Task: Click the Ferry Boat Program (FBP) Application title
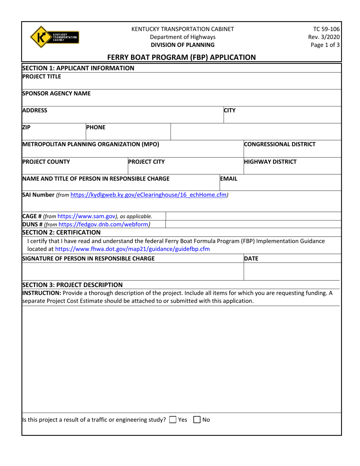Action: pos(182,57)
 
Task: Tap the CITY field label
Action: pos(230,111)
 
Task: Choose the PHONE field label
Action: pos(96,128)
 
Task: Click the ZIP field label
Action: pos(27,128)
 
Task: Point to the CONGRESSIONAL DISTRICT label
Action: pos(280,144)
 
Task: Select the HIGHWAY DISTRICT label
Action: pos(269,162)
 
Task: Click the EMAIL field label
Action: pos(229,178)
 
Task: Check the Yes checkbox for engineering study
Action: pos(173,419)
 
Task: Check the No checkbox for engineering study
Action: pos(197,419)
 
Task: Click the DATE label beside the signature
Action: pos(251,259)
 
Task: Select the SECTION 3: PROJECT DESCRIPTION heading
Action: pos(72,285)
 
